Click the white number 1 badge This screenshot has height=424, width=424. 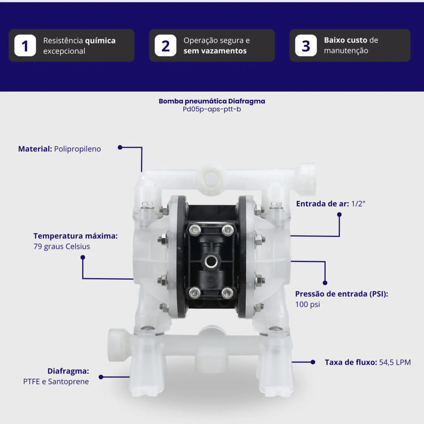(25, 46)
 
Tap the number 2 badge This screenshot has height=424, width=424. (166, 46)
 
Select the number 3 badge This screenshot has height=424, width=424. (306, 46)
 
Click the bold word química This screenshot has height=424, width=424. (100, 41)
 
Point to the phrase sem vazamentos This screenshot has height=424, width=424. (215, 51)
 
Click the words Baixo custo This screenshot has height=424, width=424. (345, 40)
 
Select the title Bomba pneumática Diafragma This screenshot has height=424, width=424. (212, 101)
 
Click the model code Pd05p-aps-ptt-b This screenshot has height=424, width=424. (212, 109)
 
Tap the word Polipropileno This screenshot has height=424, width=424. (77, 149)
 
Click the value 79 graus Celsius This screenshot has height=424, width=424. (62, 247)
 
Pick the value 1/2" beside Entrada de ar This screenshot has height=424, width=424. (358, 204)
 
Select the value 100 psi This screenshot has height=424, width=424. (308, 304)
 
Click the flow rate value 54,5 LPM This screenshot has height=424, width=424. (395, 362)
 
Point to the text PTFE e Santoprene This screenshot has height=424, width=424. (56, 381)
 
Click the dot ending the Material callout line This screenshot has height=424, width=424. (120, 147)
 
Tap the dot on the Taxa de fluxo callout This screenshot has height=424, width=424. (313, 362)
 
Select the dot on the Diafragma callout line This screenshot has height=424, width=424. (101, 377)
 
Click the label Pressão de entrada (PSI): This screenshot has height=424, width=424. (342, 294)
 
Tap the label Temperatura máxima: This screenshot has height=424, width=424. (75, 236)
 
